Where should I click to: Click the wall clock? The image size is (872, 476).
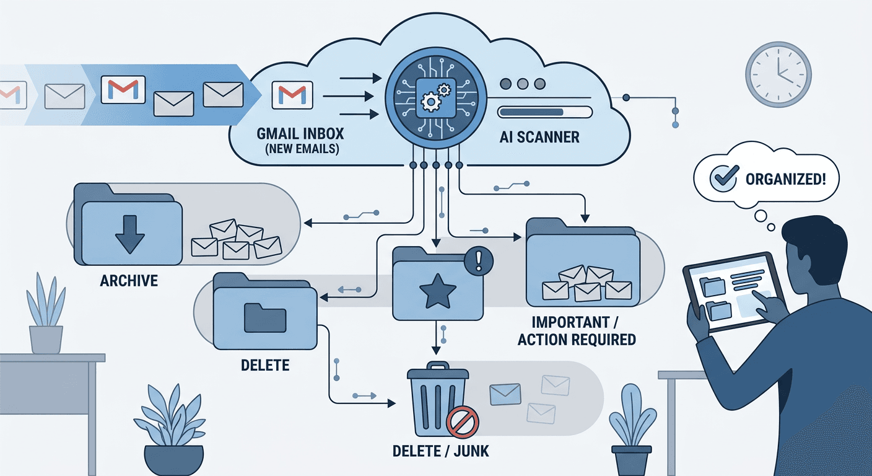click(x=778, y=75)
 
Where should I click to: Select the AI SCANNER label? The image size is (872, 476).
click(x=539, y=137)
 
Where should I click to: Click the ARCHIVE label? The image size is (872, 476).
click(x=129, y=281)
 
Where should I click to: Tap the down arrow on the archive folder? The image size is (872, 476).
click(x=130, y=232)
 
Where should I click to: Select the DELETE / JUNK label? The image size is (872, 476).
click(x=440, y=451)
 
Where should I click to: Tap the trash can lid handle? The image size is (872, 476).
click(x=437, y=366)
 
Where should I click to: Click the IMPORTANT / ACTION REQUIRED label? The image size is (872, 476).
click(x=576, y=331)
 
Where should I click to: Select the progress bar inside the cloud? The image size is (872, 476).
click(x=544, y=112)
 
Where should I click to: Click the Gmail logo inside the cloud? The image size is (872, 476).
click(x=292, y=94)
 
